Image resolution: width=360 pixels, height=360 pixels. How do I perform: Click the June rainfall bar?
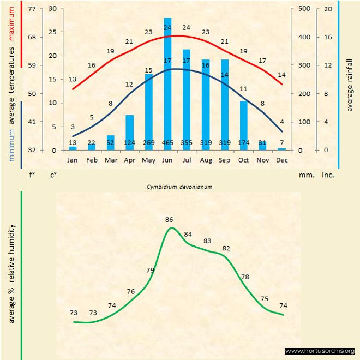click(167, 82)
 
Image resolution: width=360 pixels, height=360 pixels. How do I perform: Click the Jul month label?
click(186, 160)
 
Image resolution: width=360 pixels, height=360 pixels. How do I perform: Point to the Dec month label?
click(281, 160)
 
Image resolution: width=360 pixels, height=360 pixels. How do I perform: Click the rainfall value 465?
click(167, 143)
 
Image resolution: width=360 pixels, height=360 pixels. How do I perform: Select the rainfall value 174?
click(244, 143)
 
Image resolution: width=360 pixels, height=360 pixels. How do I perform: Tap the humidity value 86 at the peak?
click(169, 219)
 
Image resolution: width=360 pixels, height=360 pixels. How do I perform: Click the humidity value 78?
click(245, 277)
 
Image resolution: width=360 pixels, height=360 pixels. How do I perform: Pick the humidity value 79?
click(151, 270)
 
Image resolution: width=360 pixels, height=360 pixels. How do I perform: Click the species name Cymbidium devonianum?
click(179, 187)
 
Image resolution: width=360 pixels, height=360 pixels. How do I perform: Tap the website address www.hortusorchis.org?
click(320, 351)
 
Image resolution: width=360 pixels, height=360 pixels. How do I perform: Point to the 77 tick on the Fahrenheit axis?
click(32, 9)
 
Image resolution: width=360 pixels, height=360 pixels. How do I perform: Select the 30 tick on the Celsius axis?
click(52, 9)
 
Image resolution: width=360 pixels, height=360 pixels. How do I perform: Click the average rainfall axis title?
click(350, 85)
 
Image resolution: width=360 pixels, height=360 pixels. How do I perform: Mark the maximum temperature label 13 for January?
click(73, 79)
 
